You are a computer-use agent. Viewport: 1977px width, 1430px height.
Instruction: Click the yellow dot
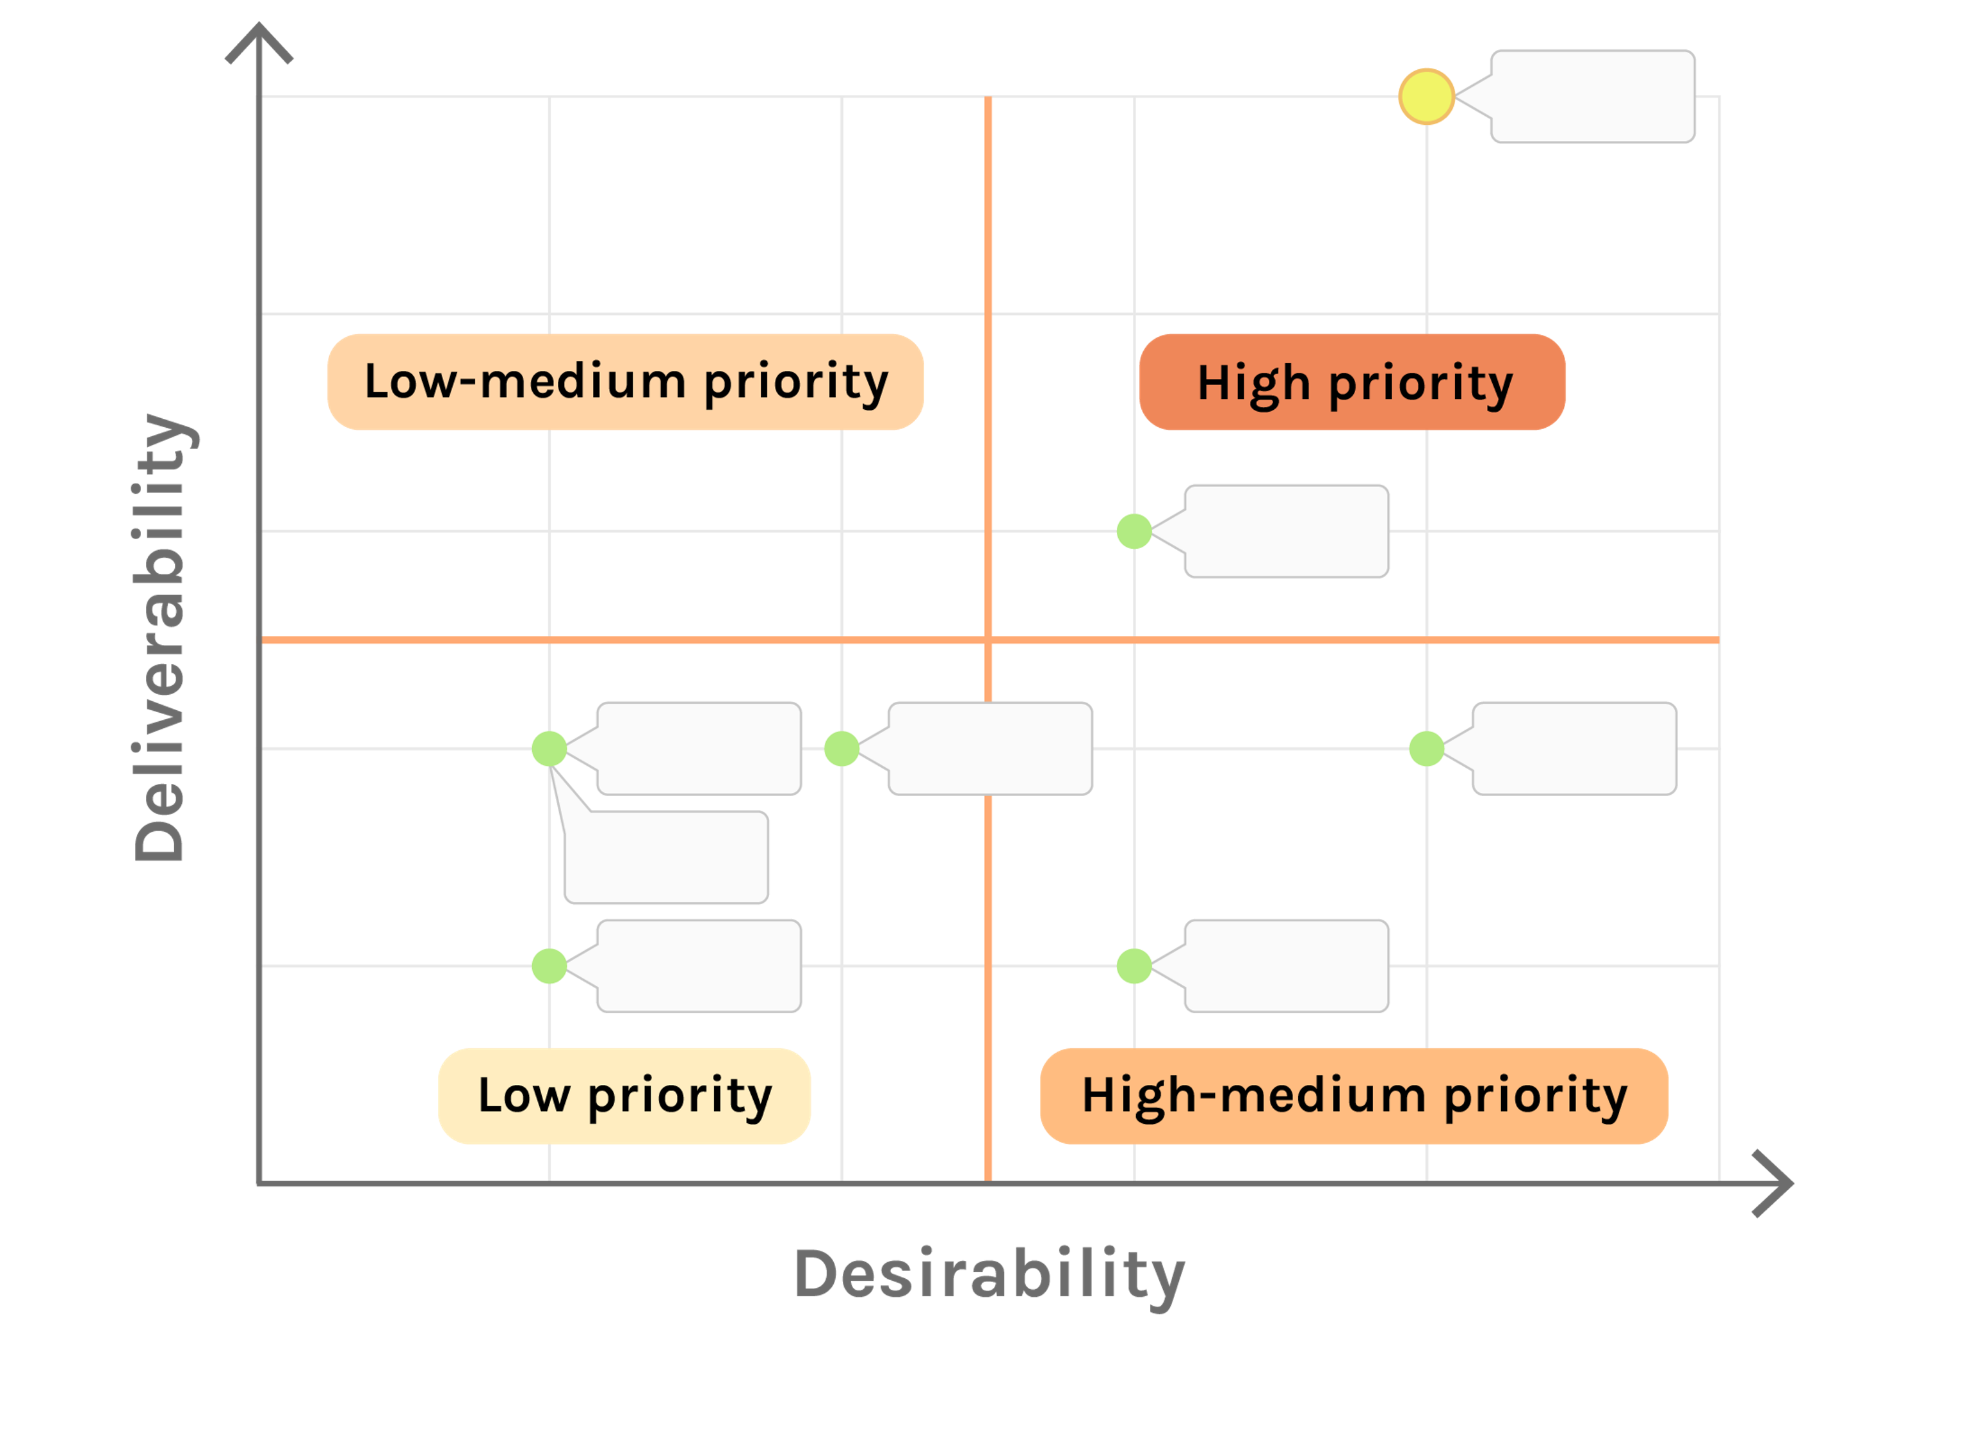(x=1426, y=96)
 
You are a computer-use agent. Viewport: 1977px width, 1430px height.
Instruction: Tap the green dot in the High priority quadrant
(x=1134, y=531)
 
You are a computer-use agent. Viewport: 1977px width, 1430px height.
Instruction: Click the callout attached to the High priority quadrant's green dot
(x=1286, y=531)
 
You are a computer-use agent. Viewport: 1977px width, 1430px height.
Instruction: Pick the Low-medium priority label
(x=625, y=382)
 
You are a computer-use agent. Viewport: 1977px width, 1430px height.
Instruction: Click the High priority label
(x=1352, y=382)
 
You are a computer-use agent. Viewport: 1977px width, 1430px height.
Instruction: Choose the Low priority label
(x=624, y=1095)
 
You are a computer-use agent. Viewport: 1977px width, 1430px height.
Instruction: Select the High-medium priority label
(x=1354, y=1095)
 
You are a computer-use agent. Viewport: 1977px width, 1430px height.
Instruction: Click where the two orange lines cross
(x=989, y=640)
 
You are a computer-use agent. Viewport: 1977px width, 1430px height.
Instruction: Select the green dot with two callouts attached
(x=549, y=749)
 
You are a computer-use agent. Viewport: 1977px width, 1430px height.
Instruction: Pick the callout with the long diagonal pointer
(x=666, y=857)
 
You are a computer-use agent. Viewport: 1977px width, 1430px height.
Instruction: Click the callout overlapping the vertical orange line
(x=989, y=749)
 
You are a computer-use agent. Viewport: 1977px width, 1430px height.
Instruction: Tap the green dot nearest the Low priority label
(x=549, y=966)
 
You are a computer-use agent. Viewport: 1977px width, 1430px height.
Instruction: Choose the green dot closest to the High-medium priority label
(x=1134, y=966)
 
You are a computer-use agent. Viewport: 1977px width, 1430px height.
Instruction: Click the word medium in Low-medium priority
(x=582, y=382)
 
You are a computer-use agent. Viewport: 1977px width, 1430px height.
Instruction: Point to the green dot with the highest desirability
(x=1426, y=749)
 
